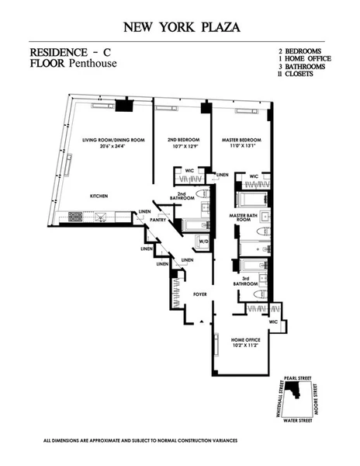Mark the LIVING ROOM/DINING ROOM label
113,140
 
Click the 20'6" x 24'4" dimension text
113,147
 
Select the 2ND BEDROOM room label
183,140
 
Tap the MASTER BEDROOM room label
239,140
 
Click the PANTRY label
159,220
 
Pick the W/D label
203,242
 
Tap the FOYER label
201,294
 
